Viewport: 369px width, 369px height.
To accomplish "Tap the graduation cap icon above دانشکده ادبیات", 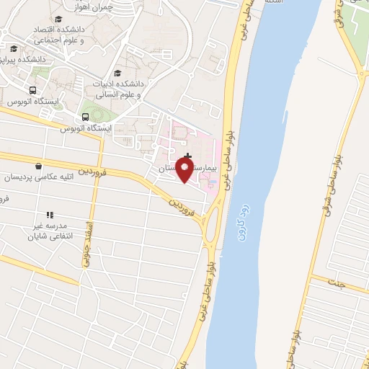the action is tap(117, 73).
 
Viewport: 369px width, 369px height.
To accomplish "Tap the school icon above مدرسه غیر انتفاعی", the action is tap(50, 214).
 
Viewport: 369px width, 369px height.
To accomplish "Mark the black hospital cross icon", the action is tap(188, 156).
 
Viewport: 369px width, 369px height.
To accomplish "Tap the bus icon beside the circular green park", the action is tap(86, 116).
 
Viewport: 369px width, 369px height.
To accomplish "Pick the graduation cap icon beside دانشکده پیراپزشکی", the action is tap(14, 49).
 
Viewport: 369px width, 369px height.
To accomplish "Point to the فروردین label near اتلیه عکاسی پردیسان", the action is tap(93, 173).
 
